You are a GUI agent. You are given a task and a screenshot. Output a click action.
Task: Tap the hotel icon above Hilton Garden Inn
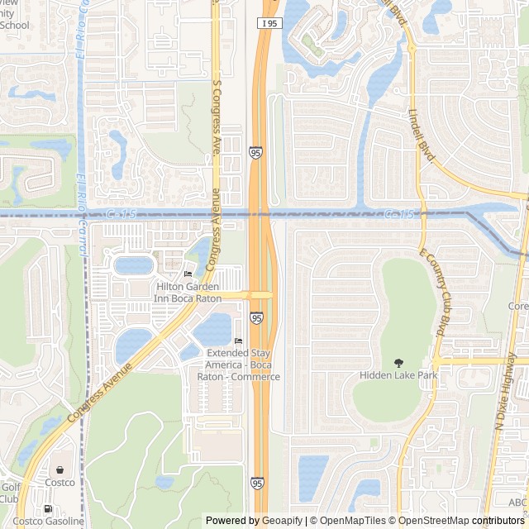[x=188, y=274]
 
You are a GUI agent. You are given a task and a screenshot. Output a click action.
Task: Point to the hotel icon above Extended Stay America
[x=238, y=341]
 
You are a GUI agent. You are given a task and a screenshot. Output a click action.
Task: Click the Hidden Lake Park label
[x=398, y=375]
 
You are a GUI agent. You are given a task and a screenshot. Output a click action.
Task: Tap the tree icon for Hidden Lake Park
[x=398, y=362]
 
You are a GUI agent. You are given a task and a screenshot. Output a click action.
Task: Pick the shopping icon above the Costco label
[x=60, y=469]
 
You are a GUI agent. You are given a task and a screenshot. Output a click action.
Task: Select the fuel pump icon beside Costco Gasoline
[x=48, y=508]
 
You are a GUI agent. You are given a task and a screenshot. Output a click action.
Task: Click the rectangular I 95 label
[x=268, y=23]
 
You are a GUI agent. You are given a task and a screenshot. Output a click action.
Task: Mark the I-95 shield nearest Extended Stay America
[x=257, y=317]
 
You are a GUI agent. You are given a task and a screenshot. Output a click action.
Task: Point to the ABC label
[x=518, y=502]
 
